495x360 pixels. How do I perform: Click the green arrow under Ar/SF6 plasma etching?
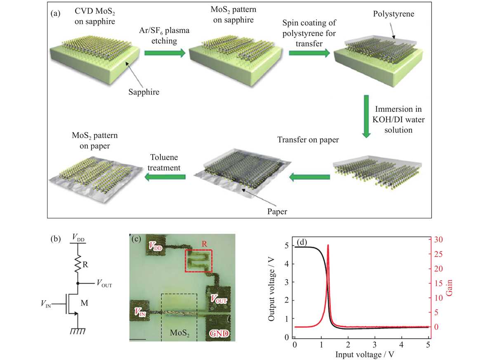(165, 53)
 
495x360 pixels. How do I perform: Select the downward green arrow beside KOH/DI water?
(366, 116)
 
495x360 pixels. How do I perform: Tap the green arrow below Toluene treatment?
(165, 177)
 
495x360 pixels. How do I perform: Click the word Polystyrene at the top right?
(394, 14)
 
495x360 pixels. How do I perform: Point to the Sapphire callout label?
(144, 92)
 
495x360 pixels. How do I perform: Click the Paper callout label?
(277, 212)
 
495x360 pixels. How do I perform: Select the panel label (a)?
(55, 14)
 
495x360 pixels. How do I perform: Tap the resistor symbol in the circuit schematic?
(78, 264)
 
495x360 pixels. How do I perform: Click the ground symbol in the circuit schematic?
(78, 331)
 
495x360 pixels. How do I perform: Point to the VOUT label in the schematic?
(104, 283)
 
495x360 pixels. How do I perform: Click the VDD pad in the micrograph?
(156, 245)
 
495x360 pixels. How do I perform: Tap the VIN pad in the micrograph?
(140, 311)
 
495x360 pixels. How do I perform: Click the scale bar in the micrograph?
(138, 339)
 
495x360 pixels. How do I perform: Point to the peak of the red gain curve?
(328, 245)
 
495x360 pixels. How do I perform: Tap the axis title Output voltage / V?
(271, 289)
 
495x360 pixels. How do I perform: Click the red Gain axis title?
(449, 288)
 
